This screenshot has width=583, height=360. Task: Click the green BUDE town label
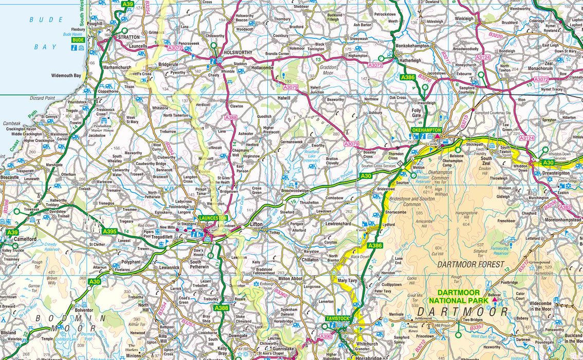coord(78,40)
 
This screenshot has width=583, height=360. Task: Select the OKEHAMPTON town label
coord(427,130)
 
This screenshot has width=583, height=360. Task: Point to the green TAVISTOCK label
coord(337,319)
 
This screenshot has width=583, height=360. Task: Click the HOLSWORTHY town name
coord(238,52)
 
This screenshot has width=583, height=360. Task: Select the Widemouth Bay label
coord(66,76)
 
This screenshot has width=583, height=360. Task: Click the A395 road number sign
coord(109,231)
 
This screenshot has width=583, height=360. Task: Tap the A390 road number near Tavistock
coord(326,336)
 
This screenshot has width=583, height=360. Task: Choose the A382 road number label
coord(564,207)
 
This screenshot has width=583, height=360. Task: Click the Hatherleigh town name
coord(410,60)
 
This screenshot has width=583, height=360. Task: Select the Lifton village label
coord(256,225)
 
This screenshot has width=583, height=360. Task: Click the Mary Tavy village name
coord(349,281)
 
